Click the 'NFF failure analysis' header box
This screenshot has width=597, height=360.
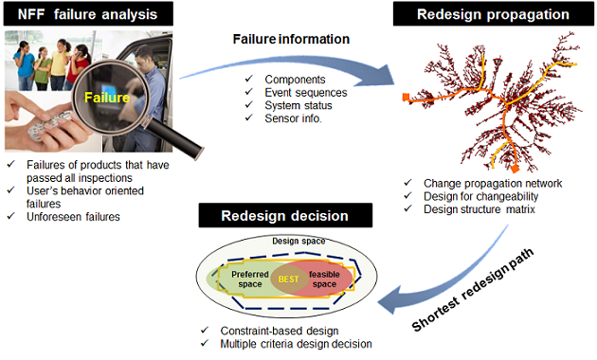(89, 14)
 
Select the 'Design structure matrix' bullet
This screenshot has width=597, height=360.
(484, 208)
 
